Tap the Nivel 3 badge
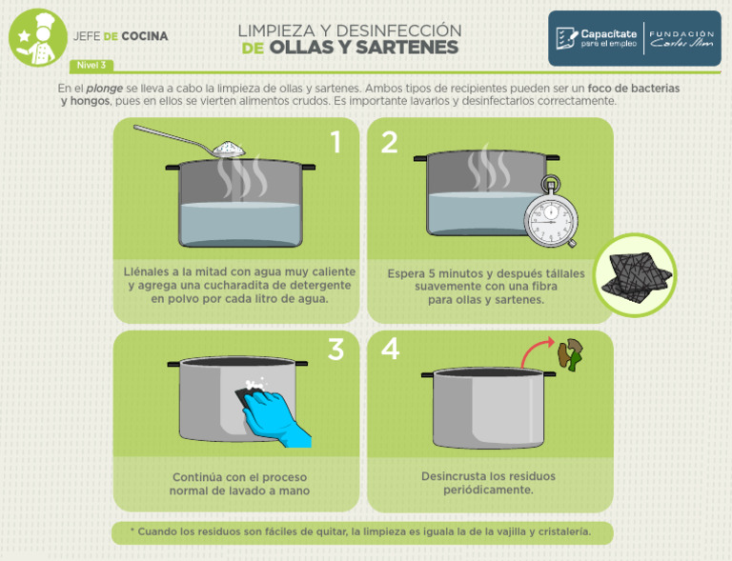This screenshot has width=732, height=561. (91, 66)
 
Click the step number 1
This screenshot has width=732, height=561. (335, 143)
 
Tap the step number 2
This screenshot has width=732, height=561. (389, 143)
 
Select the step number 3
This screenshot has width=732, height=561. (335, 350)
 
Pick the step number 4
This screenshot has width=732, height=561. (390, 350)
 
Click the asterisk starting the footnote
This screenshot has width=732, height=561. (132, 531)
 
